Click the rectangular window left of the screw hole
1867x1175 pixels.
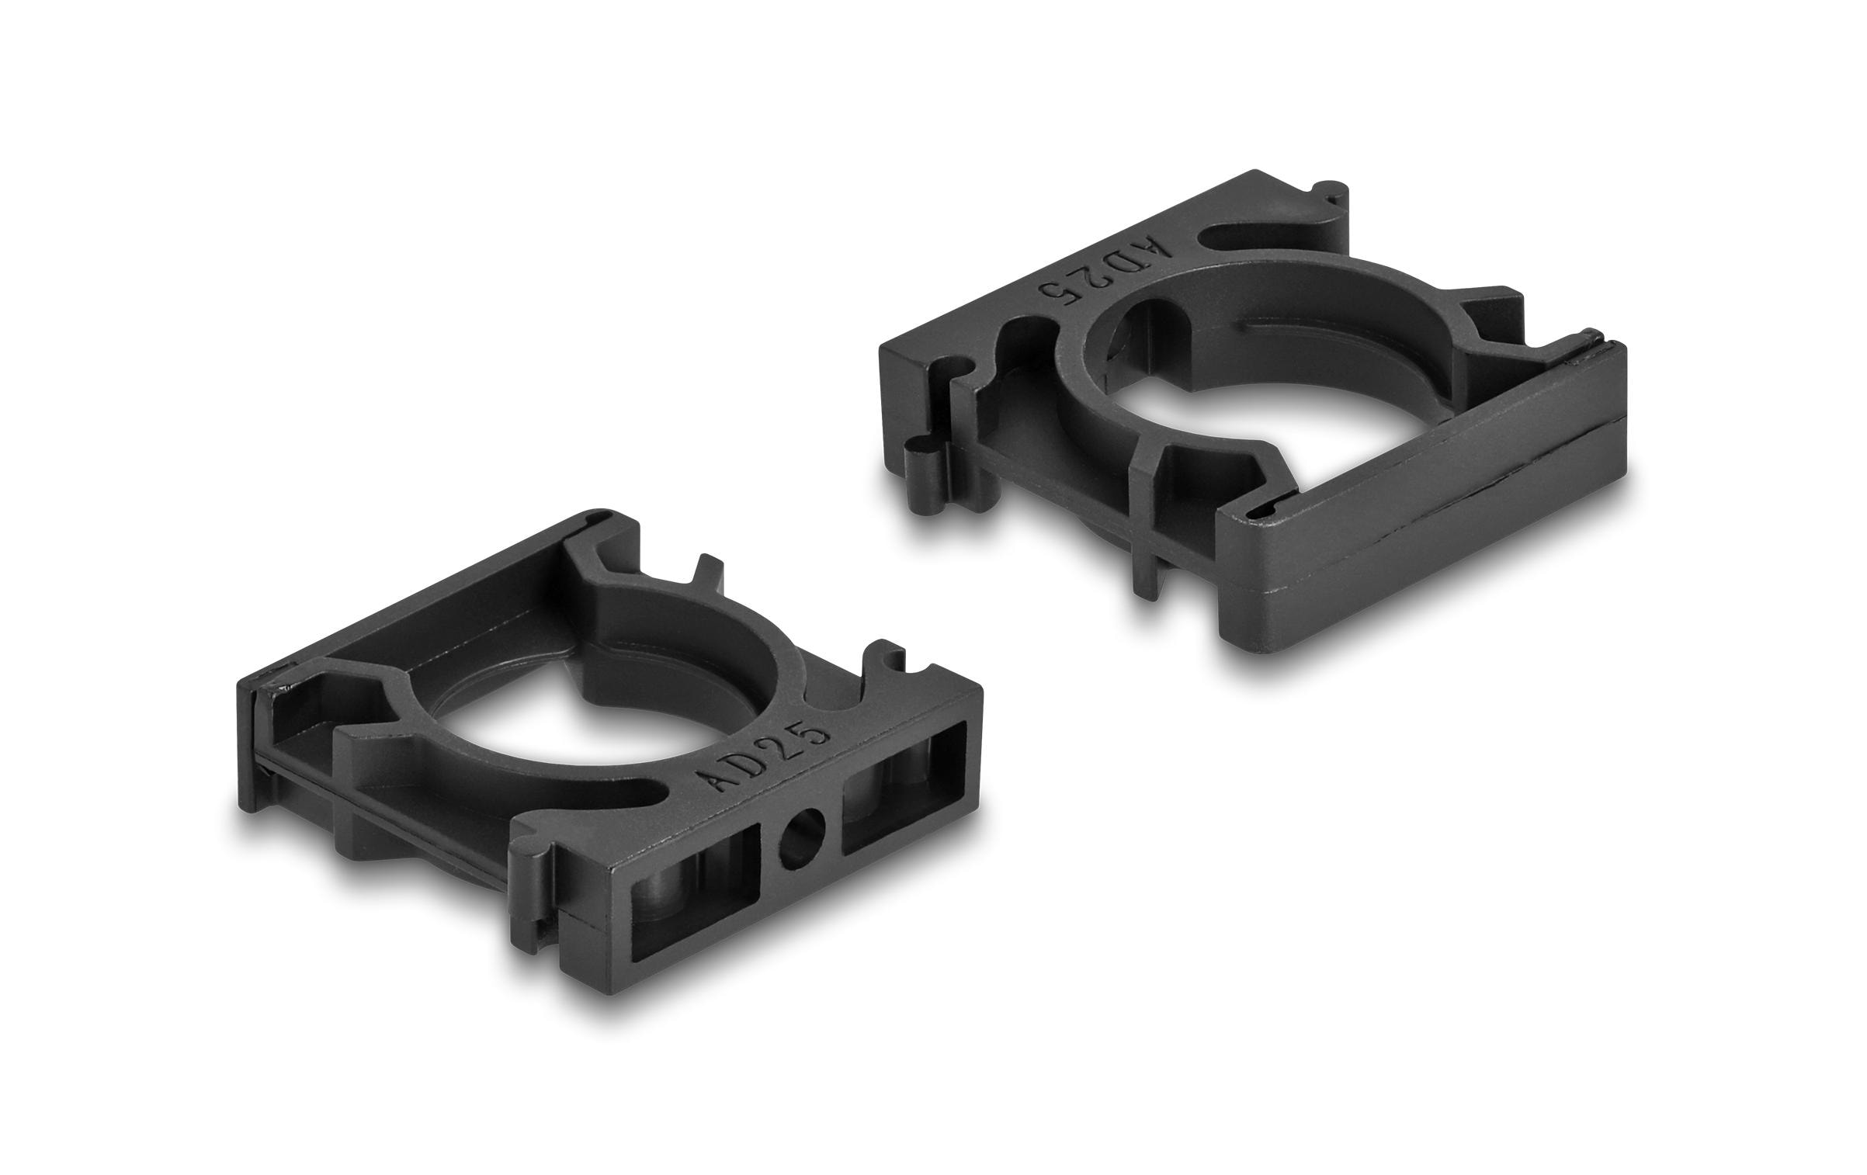point(695,904)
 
